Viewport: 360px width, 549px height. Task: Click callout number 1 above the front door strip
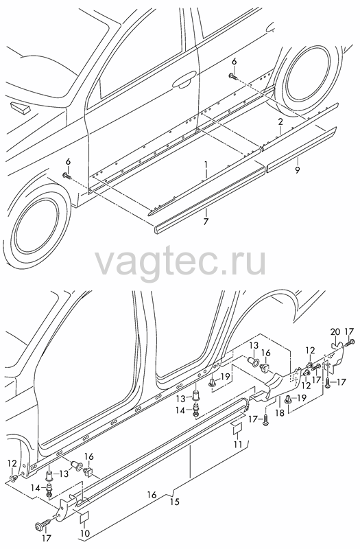coord(206,165)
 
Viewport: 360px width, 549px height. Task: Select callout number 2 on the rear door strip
coord(280,122)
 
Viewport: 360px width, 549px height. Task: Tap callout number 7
coord(206,221)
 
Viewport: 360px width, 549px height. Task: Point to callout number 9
coord(297,171)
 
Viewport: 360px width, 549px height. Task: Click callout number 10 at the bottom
coord(85,534)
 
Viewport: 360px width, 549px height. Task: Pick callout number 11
coord(238,444)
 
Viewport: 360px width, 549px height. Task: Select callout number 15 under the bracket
coord(175,502)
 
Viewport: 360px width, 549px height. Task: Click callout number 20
coord(335,331)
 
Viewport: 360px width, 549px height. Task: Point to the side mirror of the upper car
coord(20,107)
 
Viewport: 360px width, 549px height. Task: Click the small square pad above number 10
coord(84,518)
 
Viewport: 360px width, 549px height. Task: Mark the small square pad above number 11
coord(237,429)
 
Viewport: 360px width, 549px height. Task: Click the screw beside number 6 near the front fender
coord(67,176)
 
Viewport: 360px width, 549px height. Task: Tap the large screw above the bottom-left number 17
coord(40,526)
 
